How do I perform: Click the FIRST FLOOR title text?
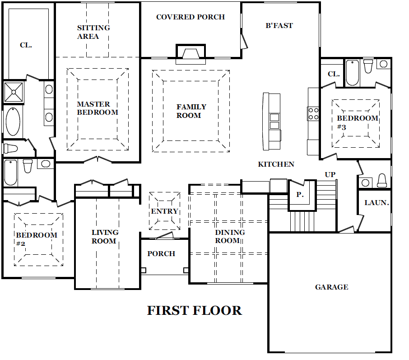click(195, 310)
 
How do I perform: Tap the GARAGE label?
click(331, 287)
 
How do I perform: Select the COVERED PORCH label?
click(191, 17)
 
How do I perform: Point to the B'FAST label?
click(279, 26)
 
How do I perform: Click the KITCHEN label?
click(276, 164)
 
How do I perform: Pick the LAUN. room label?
click(376, 203)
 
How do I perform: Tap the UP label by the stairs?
click(330, 175)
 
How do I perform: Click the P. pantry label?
click(300, 195)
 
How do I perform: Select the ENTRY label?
click(164, 211)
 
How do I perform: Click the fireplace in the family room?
click(191, 54)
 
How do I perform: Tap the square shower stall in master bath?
click(14, 92)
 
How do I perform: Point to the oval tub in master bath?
click(13, 122)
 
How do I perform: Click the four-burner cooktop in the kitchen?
click(313, 113)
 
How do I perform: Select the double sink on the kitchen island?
click(274, 122)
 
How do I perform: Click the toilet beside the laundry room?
click(382, 181)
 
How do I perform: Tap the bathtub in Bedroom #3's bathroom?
click(352, 73)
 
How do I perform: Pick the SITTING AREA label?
click(93, 32)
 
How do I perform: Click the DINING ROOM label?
click(230, 237)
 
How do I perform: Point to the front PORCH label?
click(161, 254)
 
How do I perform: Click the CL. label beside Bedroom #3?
click(334, 74)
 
